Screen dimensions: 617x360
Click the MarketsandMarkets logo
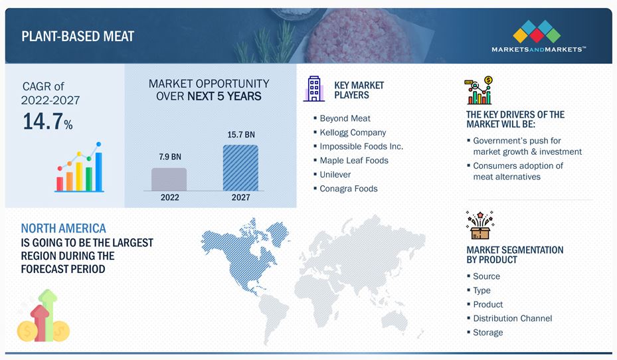tap(538, 36)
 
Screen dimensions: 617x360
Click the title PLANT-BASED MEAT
tap(78, 37)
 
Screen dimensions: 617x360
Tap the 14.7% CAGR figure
tap(48, 121)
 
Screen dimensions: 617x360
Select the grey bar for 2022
tap(169, 179)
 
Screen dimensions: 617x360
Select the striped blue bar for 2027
tap(241, 168)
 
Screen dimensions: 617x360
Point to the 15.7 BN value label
tap(241, 135)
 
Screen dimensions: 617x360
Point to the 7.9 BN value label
tap(170, 157)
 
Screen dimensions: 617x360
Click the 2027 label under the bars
tap(241, 197)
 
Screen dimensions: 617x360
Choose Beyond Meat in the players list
tap(345, 118)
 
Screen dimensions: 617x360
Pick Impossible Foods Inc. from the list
tap(361, 146)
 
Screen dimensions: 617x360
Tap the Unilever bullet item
tap(335, 175)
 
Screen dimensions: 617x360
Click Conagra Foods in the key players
tap(349, 189)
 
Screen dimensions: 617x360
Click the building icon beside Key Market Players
tap(314, 88)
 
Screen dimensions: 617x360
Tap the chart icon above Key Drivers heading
tap(479, 90)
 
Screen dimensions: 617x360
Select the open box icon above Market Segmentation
tap(480, 225)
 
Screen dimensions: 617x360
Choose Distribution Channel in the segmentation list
tap(512, 318)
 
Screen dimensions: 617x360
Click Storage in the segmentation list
tap(488, 333)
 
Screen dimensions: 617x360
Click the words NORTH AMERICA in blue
tap(63, 228)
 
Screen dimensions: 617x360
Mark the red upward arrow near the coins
tap(40, 323)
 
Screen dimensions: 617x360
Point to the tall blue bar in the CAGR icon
tap(99, 171)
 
